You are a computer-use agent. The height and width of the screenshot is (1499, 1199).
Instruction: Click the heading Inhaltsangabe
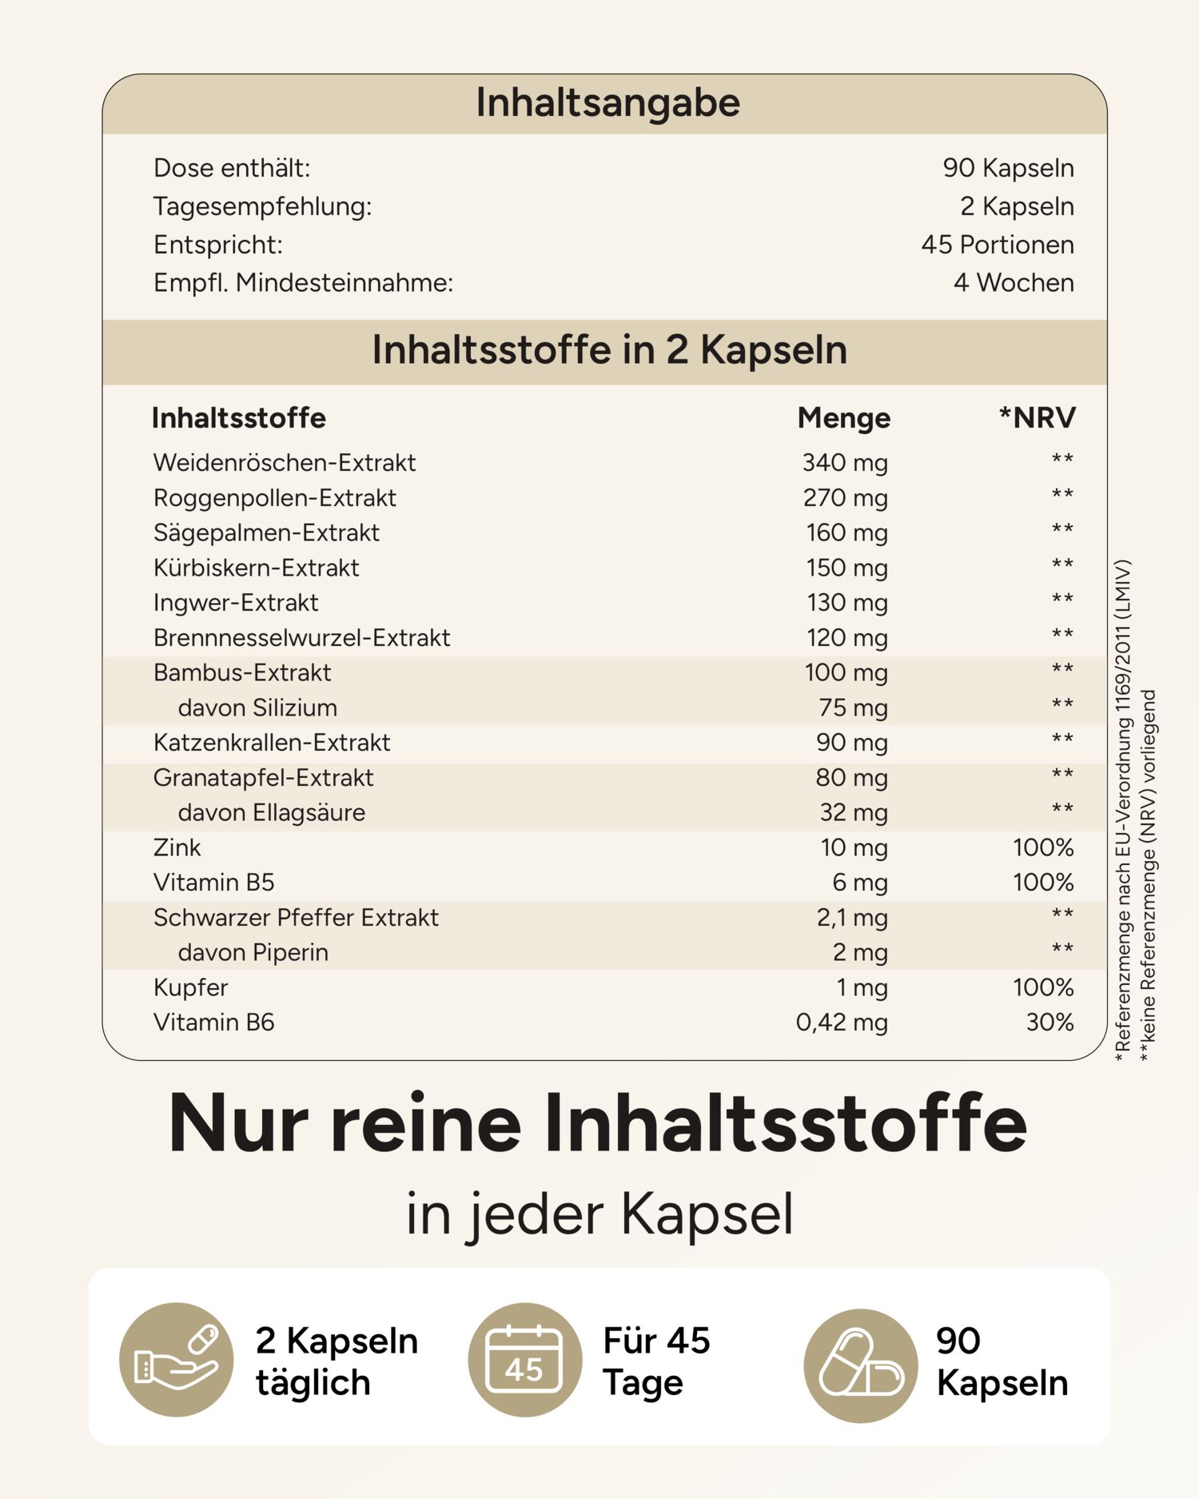tap(607, 103)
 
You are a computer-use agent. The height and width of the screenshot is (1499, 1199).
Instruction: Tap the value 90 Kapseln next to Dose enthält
tap(1008, 168)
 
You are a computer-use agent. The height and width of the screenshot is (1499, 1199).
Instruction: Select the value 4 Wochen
tap(1013, 282)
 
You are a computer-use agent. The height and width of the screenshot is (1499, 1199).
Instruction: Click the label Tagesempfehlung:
tap(262, 206)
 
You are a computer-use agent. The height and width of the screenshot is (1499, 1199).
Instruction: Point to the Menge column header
tap(843, 417)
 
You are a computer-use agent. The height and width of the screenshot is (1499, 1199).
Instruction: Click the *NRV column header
tap(1037, 417)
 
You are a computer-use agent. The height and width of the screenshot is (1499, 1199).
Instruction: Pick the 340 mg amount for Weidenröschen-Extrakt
tap(845, 462)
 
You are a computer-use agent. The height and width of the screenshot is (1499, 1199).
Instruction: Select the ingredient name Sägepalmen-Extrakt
tap(266, 532)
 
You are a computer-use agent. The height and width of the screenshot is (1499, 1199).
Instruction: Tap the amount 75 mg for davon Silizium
tap(853, 708)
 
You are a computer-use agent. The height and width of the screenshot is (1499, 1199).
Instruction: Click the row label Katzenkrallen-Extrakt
tap(272, 743)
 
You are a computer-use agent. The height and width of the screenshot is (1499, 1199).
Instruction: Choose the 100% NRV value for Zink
tap(1042, 847)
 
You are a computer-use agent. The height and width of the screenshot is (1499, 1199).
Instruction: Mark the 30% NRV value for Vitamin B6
tap(1050, 1022)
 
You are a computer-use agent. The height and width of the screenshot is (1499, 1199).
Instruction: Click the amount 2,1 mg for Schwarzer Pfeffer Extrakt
tap(851, 917)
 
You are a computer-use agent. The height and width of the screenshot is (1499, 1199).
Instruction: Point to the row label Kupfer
tap(190, 987)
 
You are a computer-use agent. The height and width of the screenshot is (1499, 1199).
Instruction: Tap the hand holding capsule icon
tap(176, 1361)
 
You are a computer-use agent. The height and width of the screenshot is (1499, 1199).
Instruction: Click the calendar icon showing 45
tap(524, 1361)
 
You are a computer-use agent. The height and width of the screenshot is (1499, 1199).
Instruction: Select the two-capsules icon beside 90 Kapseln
tap(861, 1364)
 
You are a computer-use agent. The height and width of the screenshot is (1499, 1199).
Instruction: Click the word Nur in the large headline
tap(237, 1124)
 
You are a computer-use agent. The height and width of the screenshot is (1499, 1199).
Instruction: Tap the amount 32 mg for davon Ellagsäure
tap(853, 812)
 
